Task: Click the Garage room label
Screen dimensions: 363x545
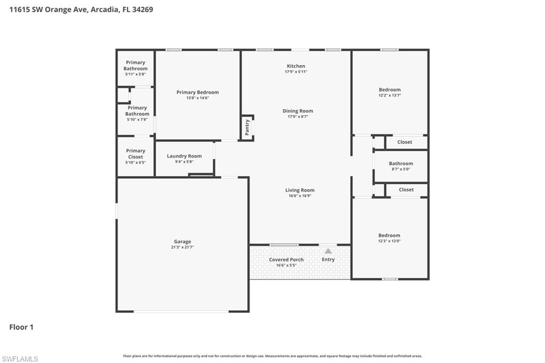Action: tap(182, 242)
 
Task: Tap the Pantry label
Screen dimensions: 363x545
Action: tap(247, 127)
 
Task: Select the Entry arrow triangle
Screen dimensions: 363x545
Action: tap(328, 251)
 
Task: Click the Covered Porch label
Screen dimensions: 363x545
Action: tap(286, 260)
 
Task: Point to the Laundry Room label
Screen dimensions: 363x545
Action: tap(184, 156)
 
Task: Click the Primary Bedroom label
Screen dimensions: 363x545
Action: tap(197, 92)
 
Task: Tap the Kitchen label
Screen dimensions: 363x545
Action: tap(296, 66)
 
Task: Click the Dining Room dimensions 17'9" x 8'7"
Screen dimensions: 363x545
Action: tap(298, 117)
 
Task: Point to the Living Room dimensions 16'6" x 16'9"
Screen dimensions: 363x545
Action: tap(300, 196)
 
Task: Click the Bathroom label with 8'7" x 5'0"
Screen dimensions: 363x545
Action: tap(401, 163)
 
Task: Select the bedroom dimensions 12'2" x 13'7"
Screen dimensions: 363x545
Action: tap(390, 95)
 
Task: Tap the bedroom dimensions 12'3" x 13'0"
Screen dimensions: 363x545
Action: tap(389, 241)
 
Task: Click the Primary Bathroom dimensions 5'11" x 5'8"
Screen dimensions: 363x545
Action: tap(136, 75)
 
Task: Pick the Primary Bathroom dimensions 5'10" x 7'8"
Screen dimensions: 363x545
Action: tap(137, 120)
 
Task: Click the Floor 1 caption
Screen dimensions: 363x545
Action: tap(21, 327)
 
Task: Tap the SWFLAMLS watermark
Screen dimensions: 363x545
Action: tap(20, 359)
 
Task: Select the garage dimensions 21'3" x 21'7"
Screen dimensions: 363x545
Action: tap(182, 247)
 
